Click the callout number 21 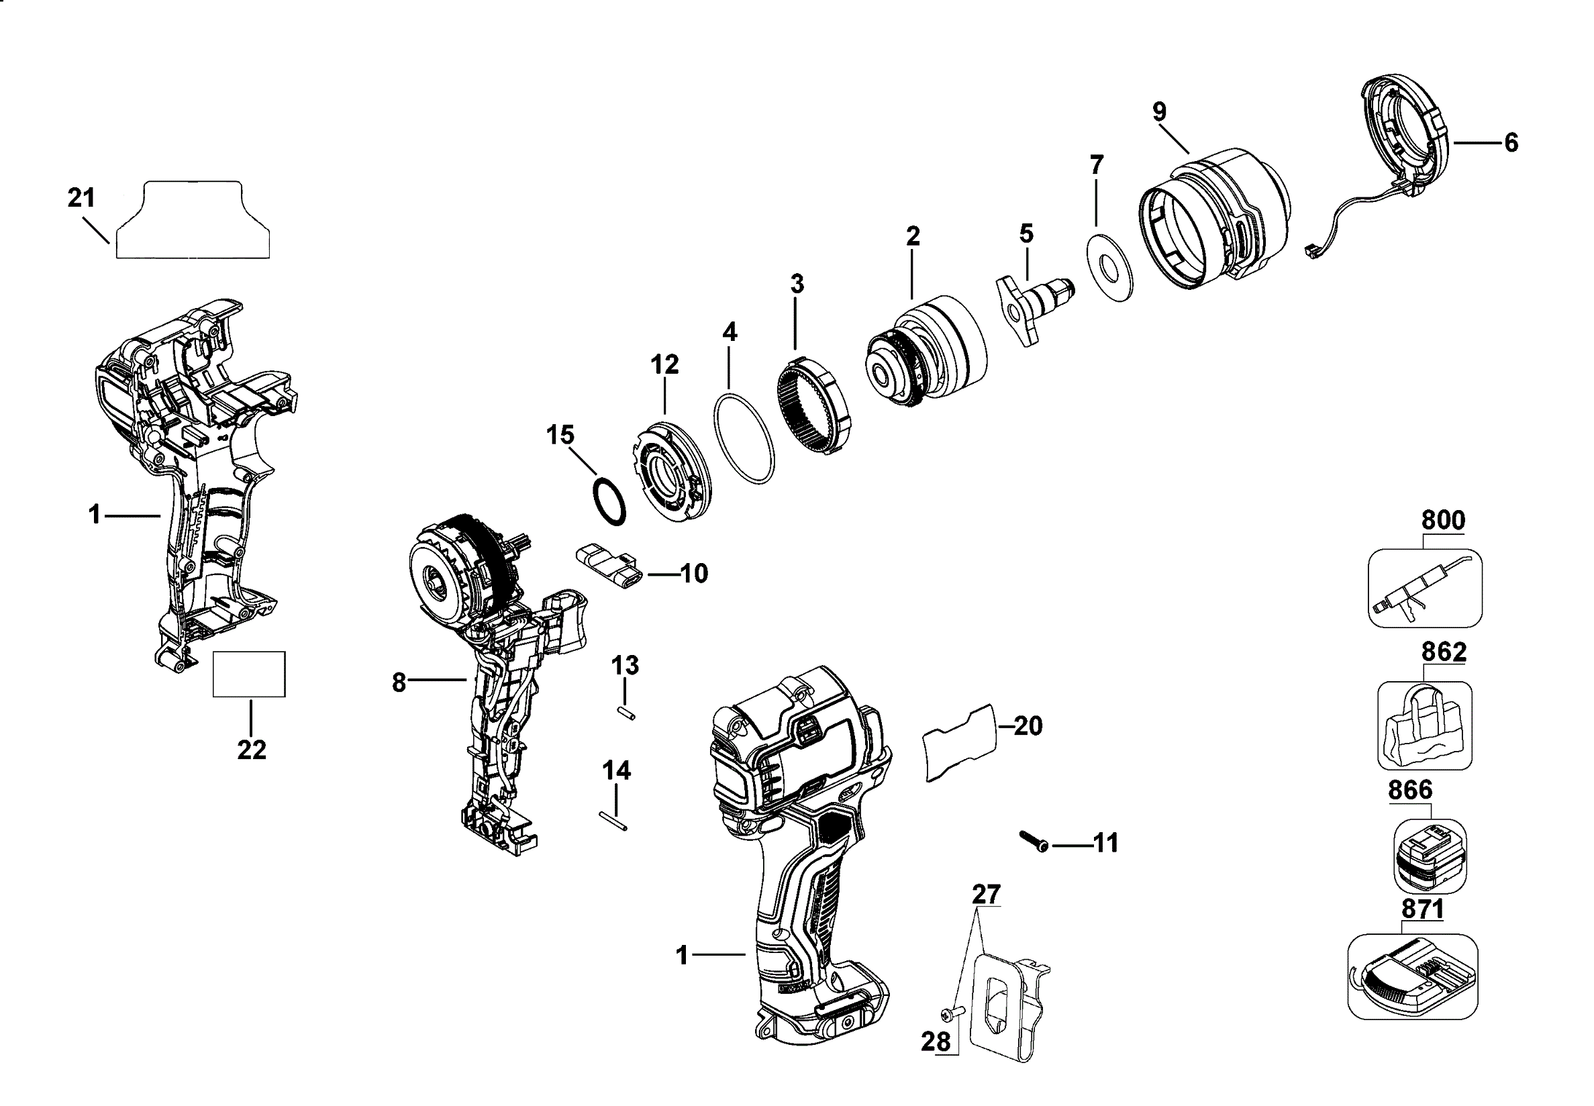coord(81,198)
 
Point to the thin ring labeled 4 coord(744,439)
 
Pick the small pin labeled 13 coord(626,713)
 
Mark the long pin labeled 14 coord(613,820)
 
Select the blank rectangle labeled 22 coord(249,674)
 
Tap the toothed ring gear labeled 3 coord(815,407)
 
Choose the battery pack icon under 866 coord(1430,856)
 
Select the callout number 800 coord(1443,519)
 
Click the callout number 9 coord(1160,111)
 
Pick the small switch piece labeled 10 coord(609,566)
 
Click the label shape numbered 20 coord(960,742)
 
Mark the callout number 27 coord(986,894)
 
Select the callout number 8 coord(399,683)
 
